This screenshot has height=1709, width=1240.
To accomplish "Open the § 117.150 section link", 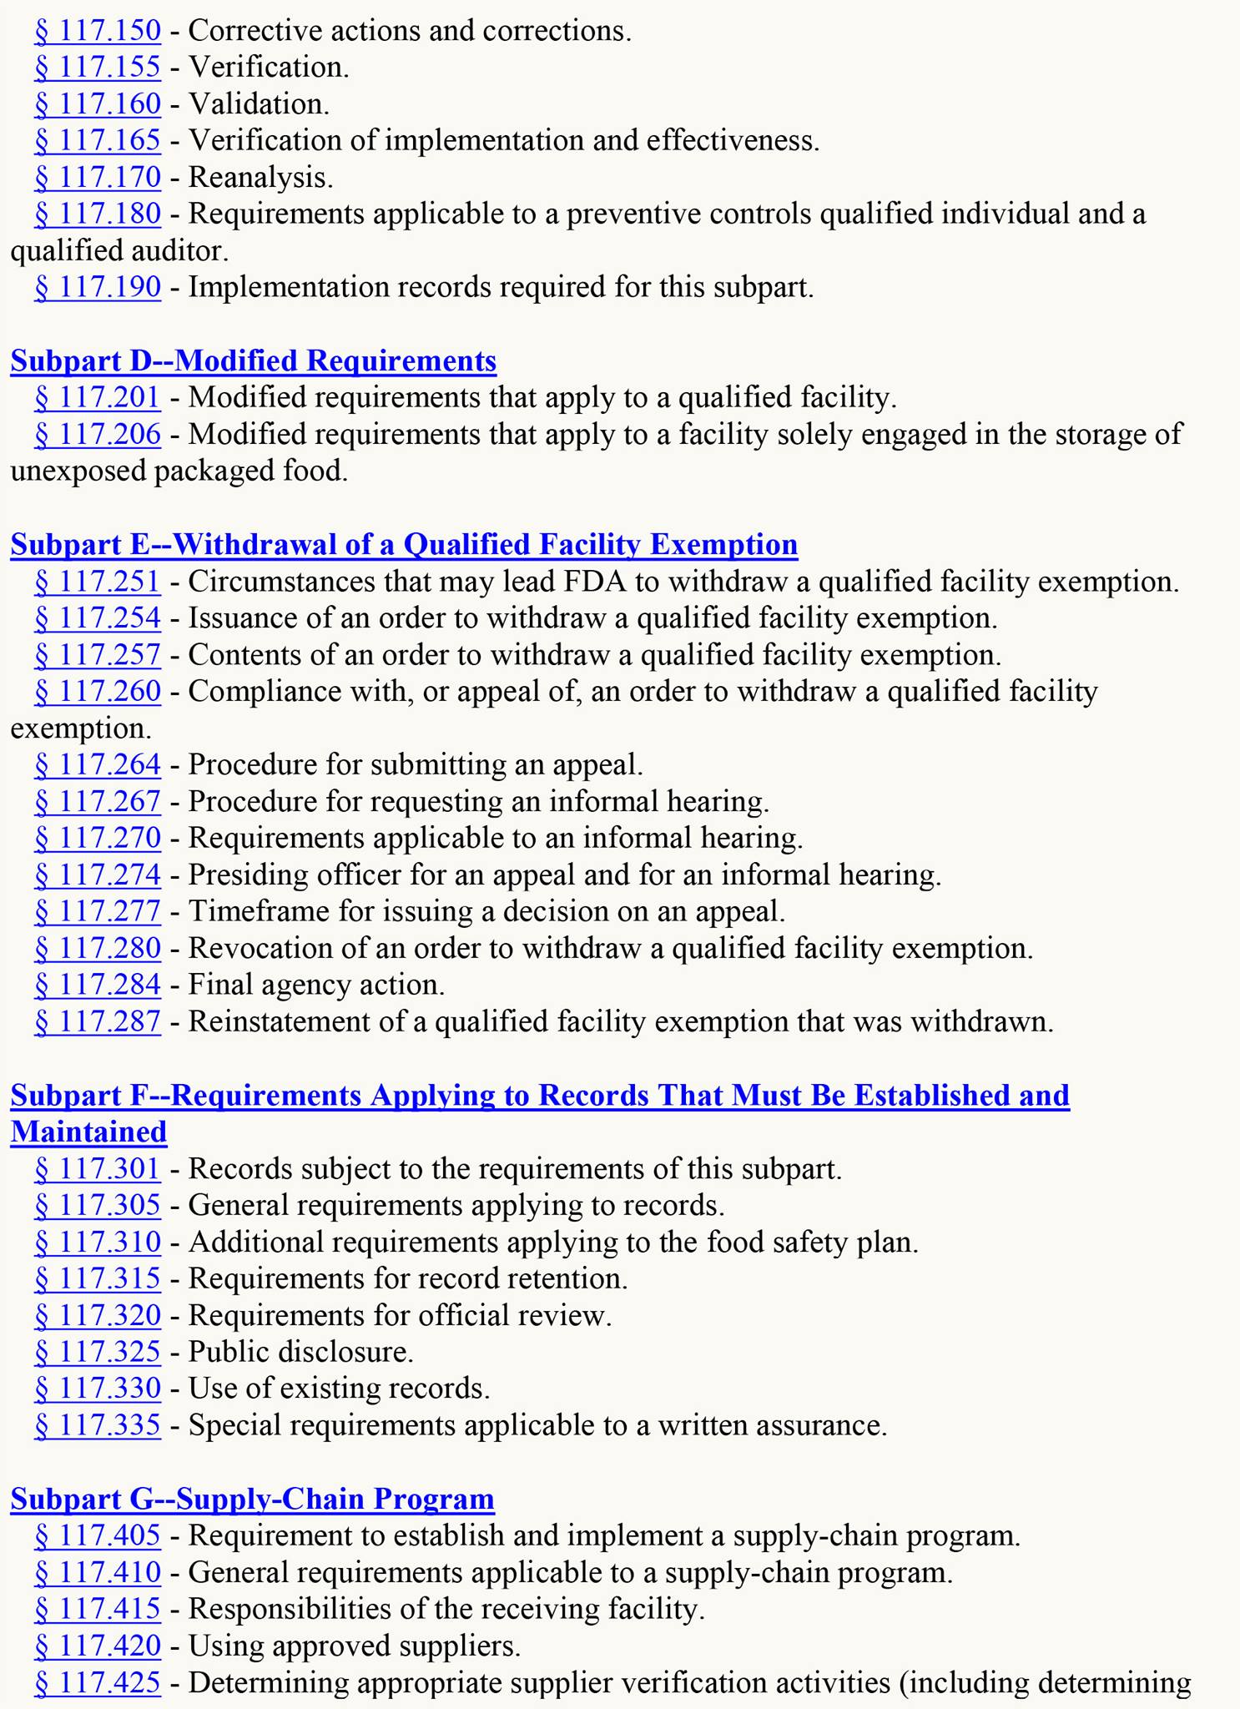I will (x=97, y=31).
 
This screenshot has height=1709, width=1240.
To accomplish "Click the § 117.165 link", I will (x=97, y=140).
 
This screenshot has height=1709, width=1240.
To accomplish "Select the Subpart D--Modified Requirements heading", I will (x=253, y=360).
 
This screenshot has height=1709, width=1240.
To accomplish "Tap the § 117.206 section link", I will (x=97, y=434).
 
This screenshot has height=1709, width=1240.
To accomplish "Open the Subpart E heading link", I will (x=404, y=544).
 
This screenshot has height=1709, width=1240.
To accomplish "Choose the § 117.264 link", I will (x=97, y=764).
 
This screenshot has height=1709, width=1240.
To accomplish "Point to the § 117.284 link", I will (x=97, y=985).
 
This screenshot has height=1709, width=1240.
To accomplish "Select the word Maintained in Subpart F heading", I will (x=88, y=1132).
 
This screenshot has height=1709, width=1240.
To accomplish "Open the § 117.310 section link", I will (x=97, y=1242).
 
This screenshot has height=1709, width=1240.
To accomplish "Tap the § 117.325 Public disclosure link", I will (x=97, y=1352).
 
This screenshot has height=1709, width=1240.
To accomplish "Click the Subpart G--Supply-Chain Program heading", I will (x=252, y=1499).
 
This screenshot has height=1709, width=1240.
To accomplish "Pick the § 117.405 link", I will (x=97, y=1535).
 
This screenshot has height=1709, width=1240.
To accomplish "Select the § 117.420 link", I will (x=97, y=1646).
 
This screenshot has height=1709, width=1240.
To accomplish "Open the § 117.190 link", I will (x=97, y=287).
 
